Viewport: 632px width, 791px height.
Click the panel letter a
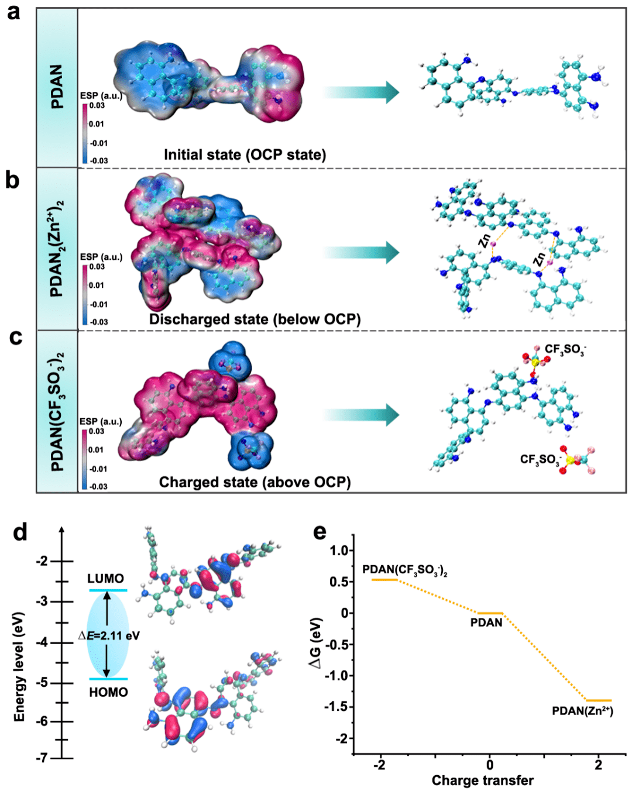click(13, 12)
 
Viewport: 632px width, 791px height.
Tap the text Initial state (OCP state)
click(245, 155)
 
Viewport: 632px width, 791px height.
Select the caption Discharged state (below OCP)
click(255, 319)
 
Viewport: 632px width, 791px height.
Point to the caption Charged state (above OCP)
click(255, 482)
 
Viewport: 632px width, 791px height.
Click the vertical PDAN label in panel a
click(57, 87)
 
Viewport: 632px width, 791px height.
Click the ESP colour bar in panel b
click(85, 294)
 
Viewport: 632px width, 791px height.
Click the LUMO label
click(105, 579)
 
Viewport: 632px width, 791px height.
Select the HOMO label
click(108, 692)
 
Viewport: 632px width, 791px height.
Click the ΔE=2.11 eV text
click(109, 635)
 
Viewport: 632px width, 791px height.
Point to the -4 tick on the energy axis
click(42, 642)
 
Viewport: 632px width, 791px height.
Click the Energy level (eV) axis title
click(19, 667)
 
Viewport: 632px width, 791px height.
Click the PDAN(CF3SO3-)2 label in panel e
click(405, 570)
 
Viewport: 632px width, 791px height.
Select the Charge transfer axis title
click(482, 780)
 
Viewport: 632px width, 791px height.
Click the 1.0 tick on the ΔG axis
click(339, 551)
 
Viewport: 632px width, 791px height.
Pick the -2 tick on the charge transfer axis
click(380, 765)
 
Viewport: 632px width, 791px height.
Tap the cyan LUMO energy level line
click(108, 590)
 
